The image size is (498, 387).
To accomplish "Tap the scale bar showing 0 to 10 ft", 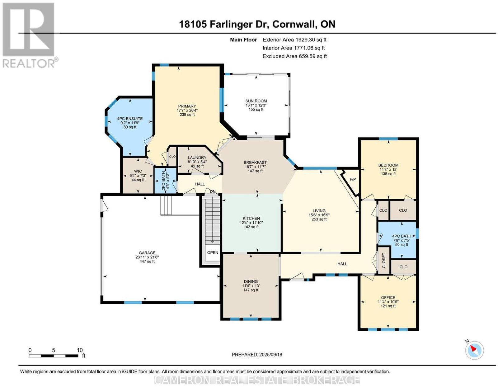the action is [54, 356].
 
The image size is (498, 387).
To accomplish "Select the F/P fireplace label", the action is [353, 179].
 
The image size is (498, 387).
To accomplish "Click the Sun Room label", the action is [256, 101].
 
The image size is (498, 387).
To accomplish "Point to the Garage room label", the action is [147, 253].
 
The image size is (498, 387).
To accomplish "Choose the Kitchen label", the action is [251, 218].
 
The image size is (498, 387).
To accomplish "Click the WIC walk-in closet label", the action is [138, 171].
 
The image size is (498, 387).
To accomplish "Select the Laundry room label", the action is [197, 158].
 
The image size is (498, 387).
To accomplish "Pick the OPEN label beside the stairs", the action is [213, 252].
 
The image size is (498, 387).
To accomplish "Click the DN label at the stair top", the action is [213, 191].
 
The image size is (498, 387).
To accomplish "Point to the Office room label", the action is [388, 297].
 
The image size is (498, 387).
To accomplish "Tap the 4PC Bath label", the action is [402, 236].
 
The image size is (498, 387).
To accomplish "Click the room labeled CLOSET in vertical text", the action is [384, 261].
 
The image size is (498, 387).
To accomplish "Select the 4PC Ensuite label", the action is [130, 118].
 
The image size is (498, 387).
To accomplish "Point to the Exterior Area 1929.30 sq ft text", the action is [294, 40].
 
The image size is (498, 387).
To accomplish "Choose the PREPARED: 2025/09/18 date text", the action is [257, 354].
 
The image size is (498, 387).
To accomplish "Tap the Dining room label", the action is [251, 281].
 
